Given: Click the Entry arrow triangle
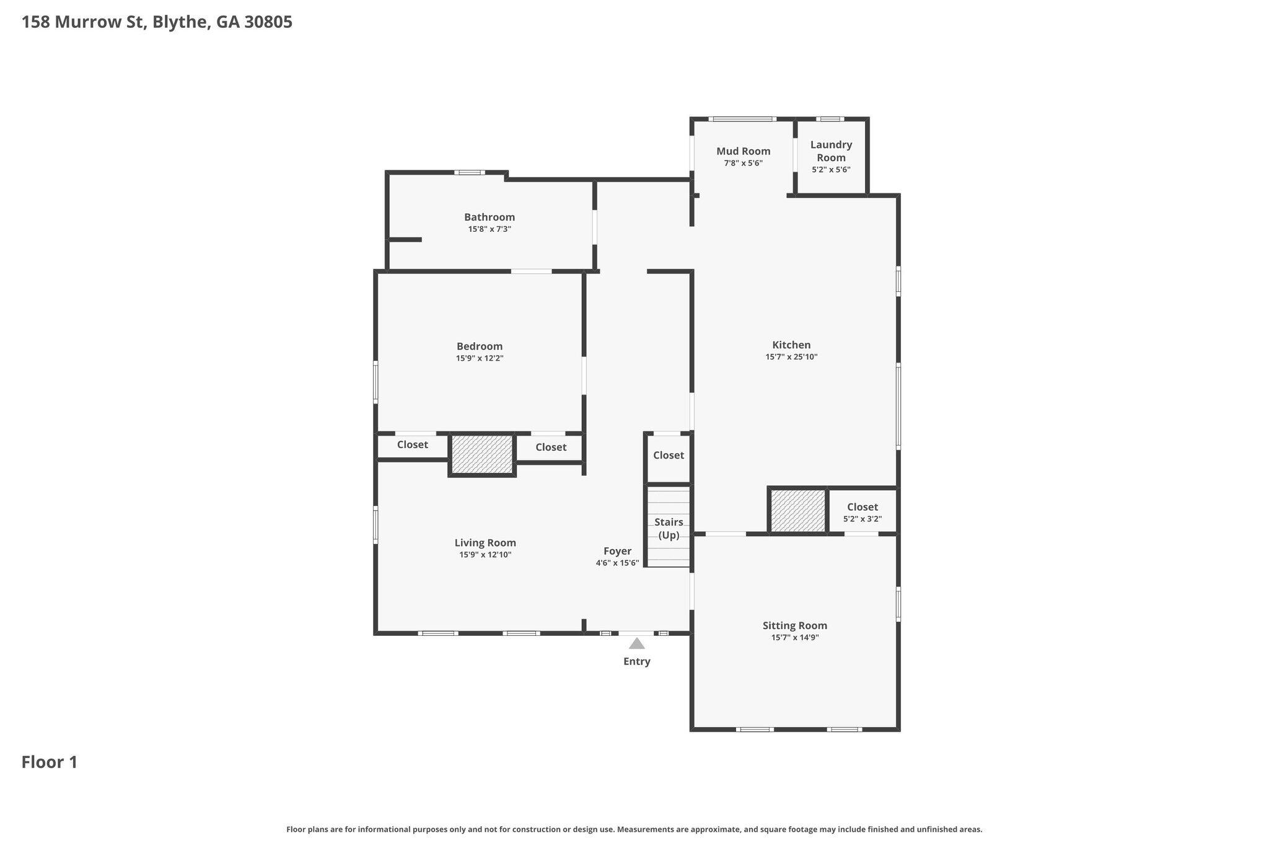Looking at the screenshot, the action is click(637, 643).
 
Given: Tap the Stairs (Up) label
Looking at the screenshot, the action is click(669, 529).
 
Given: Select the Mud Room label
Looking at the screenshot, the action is click(744, 151).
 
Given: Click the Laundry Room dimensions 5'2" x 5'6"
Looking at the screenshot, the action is click(831, 169).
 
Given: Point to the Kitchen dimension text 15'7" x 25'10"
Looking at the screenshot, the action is click(791, 357).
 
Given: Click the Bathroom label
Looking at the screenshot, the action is click(490, 217).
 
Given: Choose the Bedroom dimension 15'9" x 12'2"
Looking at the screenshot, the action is click(480, 358).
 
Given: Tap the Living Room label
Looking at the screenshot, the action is click(485, 543).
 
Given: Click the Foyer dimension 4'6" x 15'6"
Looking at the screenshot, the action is click(617, 563).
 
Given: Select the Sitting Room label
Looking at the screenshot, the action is click(795, 625).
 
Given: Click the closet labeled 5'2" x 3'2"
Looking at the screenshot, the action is click(863, 512).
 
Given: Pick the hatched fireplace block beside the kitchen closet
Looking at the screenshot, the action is click(798, 511).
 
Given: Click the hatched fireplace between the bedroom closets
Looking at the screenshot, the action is click(482, 454).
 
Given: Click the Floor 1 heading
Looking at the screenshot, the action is click(50, 762).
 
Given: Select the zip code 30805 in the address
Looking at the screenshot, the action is click(268, 22).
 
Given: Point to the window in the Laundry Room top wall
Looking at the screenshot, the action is click(830, 119).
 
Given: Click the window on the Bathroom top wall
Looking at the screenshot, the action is click(469, 172).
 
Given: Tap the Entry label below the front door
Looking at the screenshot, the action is click(637, 662).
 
